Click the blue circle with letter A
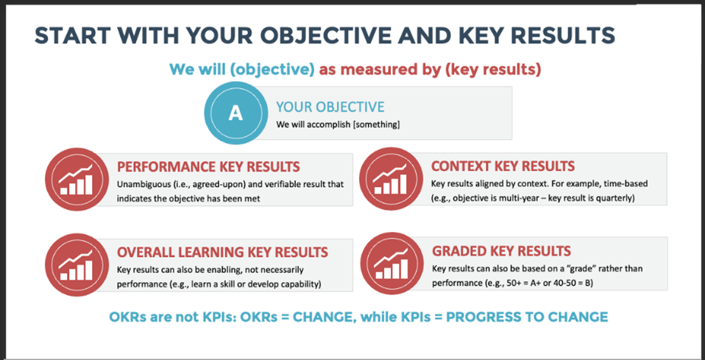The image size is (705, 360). click(x=235, y=113)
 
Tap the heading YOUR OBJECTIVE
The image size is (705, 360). click(x=330, y=107)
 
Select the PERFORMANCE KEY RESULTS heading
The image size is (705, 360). click(x=208, y=166)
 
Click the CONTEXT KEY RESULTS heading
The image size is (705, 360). click(x=503, y=166)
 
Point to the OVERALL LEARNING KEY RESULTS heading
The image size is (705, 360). click(x=222, y=252)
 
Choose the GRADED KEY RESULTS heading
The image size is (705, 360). click(x=501, y=250)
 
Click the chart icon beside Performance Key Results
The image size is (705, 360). click(x=77, y=179)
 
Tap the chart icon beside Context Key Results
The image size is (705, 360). click(x=391, y=179)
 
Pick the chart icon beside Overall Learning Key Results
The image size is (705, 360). click(x=77, y=264)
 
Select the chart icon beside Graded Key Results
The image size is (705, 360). click(x=392, y=264)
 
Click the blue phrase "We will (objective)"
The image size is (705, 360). click(x=241, y=70)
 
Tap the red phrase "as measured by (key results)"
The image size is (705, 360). click(x=430, y=70)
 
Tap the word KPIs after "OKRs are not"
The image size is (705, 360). click(x=219, y=317)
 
